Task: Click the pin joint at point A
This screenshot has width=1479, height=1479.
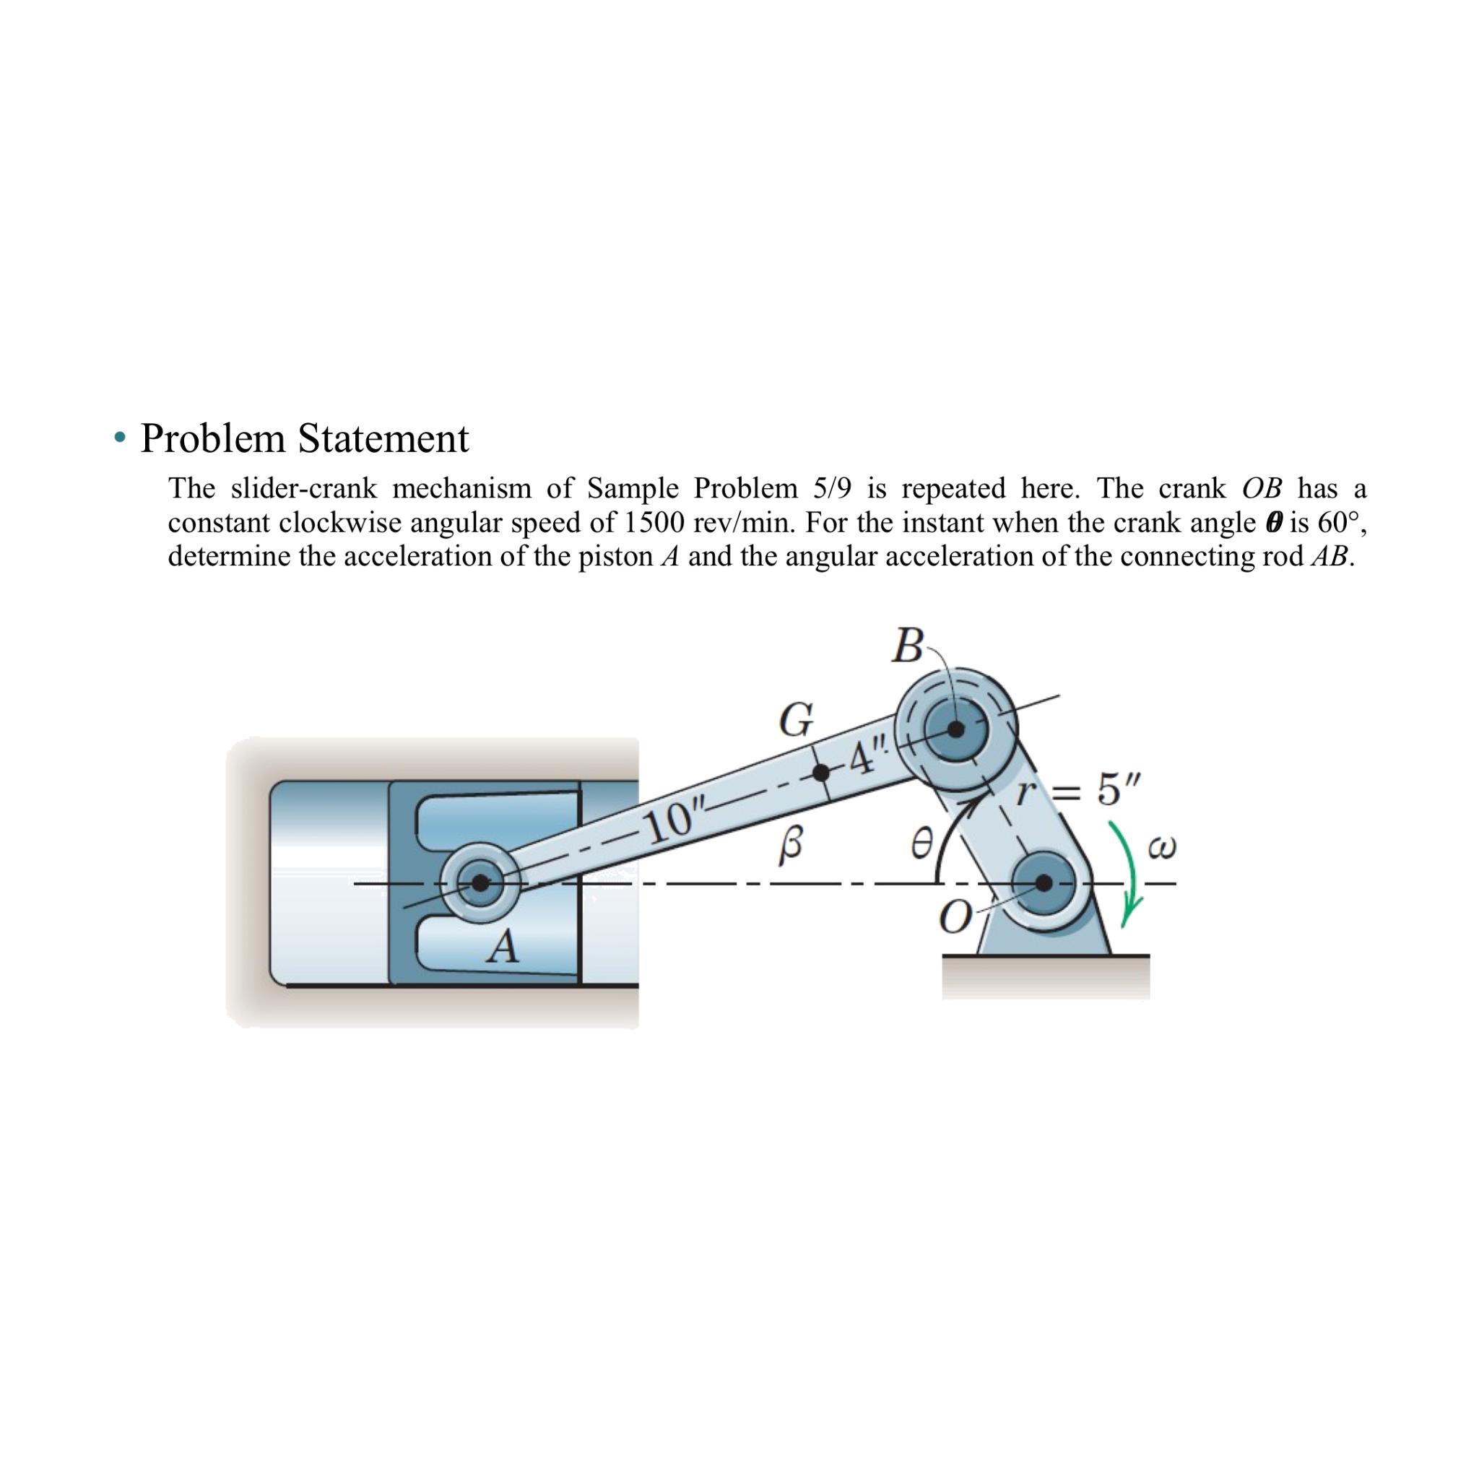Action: (x=480, y=882)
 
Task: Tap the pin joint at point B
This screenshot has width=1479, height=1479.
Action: (x=955, y=729)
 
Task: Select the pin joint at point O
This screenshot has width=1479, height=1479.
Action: (x=1044, y=882)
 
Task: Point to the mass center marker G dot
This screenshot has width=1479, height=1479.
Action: (x=820, y=773)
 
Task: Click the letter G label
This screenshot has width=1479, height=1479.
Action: (x=795, y=719)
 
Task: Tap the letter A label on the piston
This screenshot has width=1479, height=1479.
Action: (x=503, y=947)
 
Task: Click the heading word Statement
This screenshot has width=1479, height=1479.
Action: (x=383, y=438)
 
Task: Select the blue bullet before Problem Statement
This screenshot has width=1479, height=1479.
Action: (x=118, y=439)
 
